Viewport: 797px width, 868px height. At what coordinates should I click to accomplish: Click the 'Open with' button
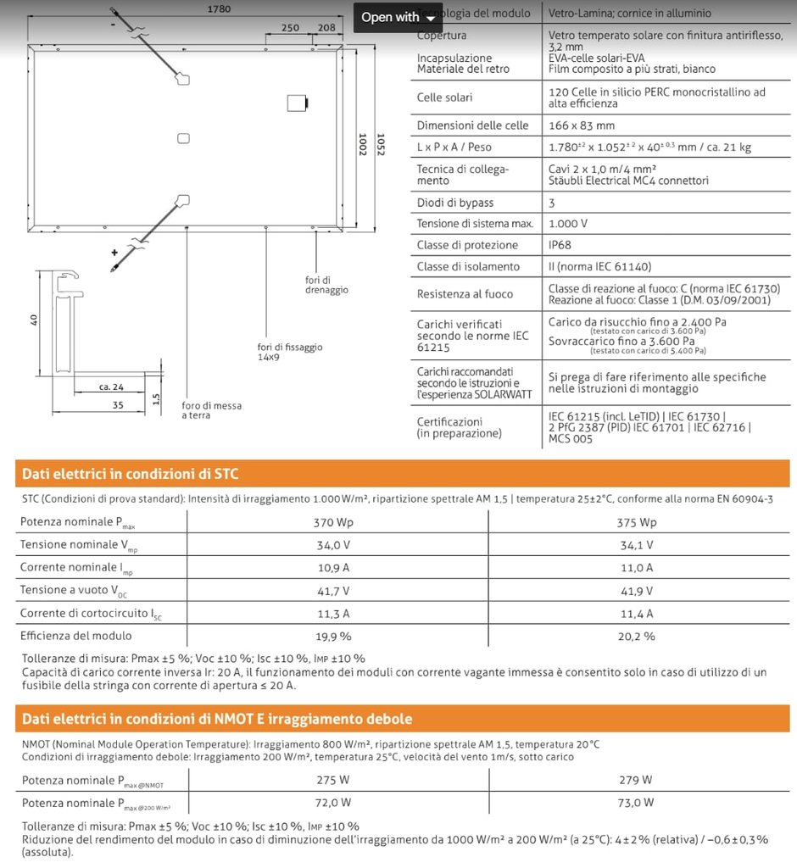coord(398,17)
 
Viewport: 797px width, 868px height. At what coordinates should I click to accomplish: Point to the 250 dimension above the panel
coord(290,27)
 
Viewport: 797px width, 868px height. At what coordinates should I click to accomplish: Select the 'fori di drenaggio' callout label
coord(326,285)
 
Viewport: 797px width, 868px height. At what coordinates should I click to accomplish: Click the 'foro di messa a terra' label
coord(211,410)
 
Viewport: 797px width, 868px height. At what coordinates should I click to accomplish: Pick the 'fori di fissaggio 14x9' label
coord(290,352)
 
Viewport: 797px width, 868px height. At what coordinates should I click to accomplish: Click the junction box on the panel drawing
coord(297,103)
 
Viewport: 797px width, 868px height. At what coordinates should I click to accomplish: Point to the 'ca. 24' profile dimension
coord(111,387)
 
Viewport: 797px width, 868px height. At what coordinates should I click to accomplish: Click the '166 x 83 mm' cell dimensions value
coord(582,125)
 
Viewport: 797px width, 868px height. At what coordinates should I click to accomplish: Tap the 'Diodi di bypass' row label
coord(454,203)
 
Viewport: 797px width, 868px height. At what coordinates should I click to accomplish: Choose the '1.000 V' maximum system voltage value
coord(568,224)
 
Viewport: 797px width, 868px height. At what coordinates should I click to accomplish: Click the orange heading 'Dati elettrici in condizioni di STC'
coord(130,473)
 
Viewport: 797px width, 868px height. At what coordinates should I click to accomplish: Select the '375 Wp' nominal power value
coord(637,522)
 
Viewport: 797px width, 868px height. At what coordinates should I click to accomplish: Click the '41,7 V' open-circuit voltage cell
coord(332,590)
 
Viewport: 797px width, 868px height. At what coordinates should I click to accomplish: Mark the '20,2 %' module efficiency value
coord(637,636)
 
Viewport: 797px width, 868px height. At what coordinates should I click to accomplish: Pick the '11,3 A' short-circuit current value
coord(332,613)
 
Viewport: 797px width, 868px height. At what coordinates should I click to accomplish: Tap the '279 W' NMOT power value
coord(637,780)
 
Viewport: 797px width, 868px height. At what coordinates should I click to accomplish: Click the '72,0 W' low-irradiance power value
coord(332,802)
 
